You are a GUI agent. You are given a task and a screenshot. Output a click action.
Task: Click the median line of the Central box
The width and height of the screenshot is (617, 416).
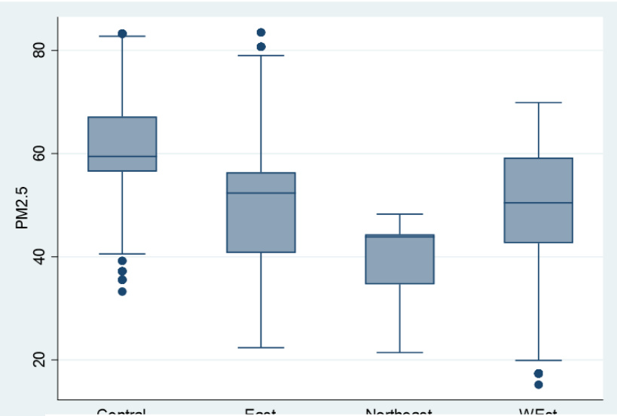122,156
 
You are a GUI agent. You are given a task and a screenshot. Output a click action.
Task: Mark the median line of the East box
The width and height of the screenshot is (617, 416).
261,193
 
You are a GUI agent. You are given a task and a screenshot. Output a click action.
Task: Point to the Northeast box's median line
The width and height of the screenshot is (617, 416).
399,237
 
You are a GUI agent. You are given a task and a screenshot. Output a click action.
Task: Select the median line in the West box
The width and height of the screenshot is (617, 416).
538,203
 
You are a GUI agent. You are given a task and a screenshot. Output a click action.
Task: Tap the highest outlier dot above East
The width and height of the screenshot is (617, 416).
261,32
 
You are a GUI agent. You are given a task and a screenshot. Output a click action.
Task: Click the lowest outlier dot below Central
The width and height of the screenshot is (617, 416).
122,292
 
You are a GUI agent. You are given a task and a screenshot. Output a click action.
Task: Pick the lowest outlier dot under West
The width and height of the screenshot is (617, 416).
538,385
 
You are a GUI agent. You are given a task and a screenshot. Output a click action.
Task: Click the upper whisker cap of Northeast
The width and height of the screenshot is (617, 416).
399,214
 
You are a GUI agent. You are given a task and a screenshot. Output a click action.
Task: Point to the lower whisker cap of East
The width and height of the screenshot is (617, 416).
261,347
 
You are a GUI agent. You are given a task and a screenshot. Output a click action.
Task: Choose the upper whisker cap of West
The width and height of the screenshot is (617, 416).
538,102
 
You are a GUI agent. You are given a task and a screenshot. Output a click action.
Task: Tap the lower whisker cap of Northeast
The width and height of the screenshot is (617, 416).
399,352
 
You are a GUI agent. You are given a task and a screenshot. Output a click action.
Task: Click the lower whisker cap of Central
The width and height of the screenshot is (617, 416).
122,254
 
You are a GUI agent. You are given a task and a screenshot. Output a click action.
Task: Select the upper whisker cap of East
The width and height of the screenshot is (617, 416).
261,56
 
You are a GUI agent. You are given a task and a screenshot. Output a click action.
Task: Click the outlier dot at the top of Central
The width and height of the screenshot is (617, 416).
122,34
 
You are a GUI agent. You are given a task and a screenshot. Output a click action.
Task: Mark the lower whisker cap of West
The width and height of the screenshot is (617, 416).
538,360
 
